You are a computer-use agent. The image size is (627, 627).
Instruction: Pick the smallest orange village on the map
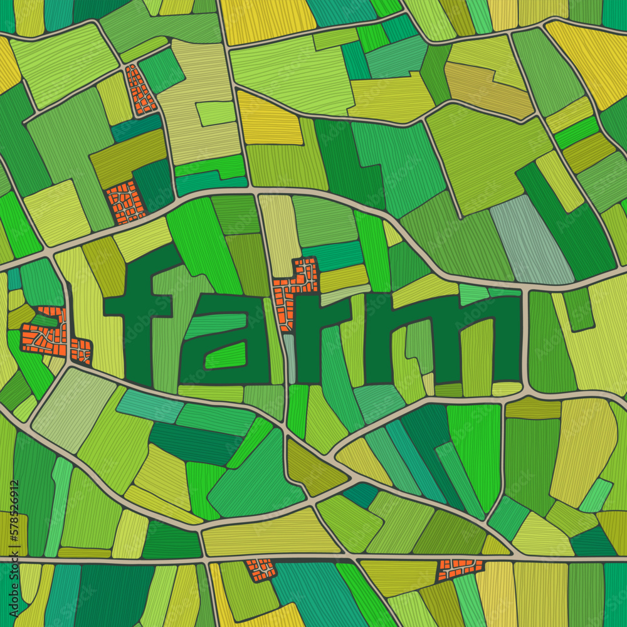[261, 569]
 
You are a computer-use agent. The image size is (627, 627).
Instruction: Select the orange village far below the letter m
[460, 569]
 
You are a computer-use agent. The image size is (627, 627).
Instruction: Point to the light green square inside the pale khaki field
[215, 113]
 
